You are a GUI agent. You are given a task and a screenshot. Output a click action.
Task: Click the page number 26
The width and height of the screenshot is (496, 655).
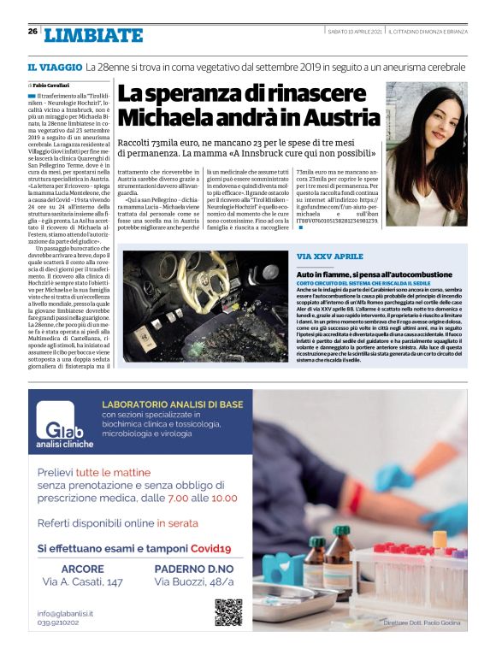pos(32,32)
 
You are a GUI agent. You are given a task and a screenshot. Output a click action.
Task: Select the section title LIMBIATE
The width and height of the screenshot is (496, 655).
pos(93,35)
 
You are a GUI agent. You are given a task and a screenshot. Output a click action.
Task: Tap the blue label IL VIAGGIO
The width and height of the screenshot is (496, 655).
pos(54,66)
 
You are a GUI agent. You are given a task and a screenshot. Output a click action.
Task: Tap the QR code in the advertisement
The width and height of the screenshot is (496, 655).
pos(228,613)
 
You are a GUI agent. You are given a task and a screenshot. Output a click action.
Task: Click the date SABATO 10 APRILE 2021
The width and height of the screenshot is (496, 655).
pos(355,32)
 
